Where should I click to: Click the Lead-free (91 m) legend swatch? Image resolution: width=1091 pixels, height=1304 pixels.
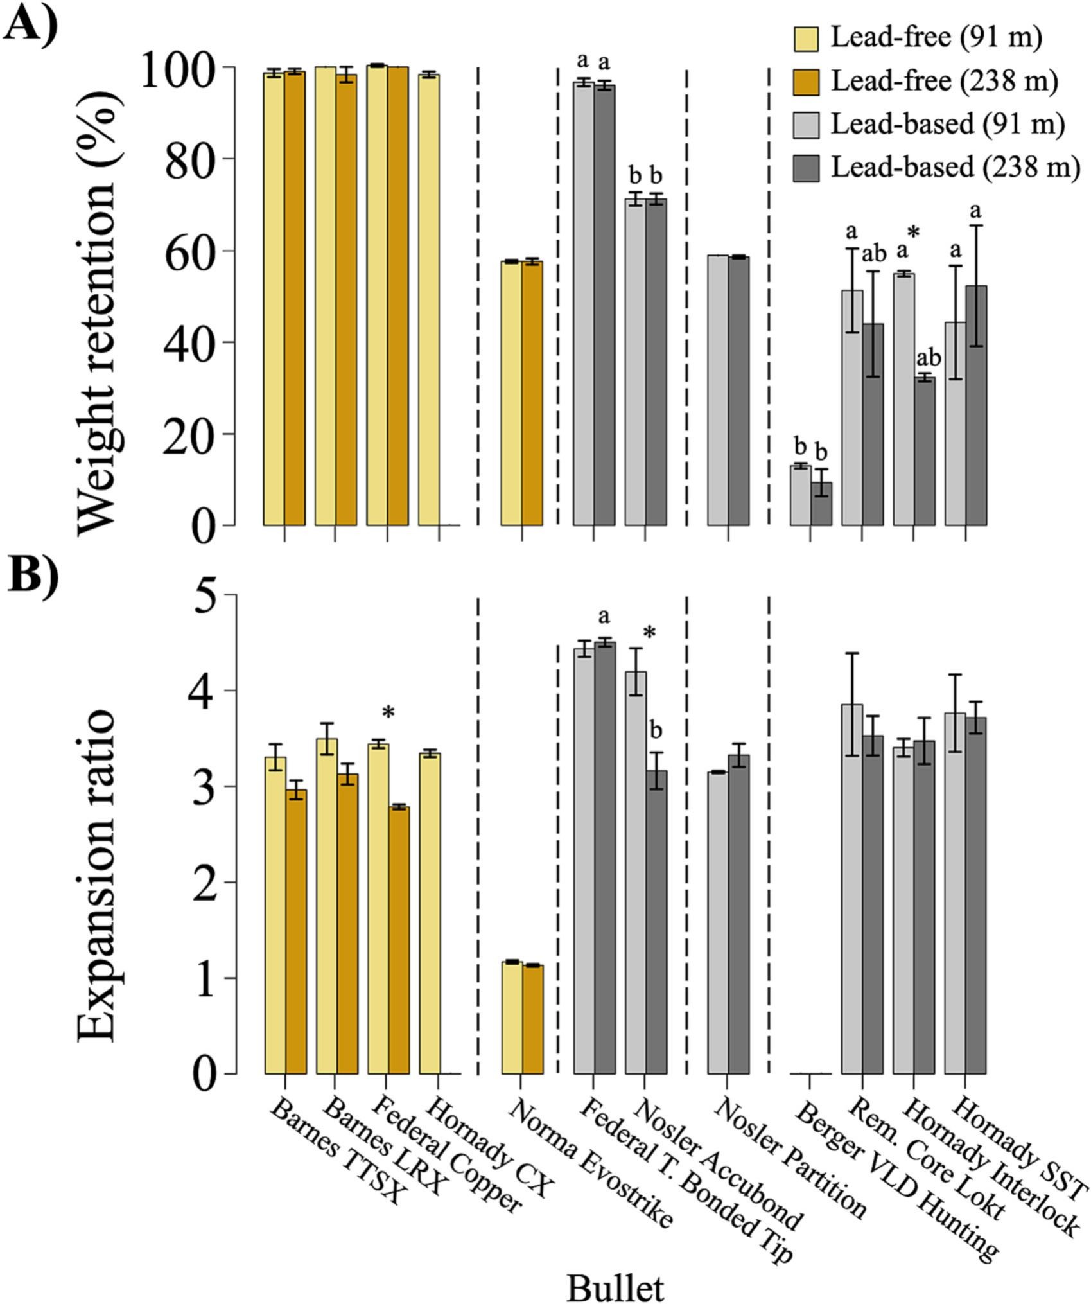tap(806, 38)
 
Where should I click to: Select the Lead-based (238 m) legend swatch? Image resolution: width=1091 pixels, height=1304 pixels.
tap(806, 168)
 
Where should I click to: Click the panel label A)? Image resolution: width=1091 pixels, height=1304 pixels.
tap(30, 27)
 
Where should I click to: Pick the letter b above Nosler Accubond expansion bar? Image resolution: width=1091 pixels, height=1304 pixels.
tap(656, 732)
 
